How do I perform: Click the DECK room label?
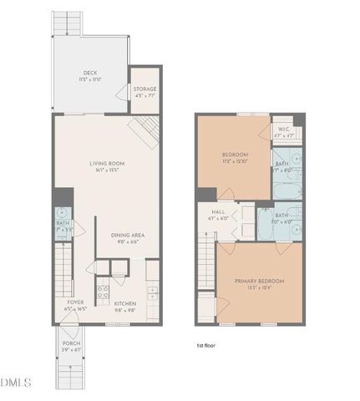(x=91, y=73)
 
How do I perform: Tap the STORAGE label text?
(x=145, y=89)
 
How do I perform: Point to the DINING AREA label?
(x=128, y=235)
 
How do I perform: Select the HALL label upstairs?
(x=219, y=212)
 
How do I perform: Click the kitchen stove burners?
(x=104, y=292)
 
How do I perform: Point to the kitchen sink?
(x=152, y=292)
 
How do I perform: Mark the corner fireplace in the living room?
(x=144, y=129)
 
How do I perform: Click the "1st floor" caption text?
(x=206, y=345)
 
